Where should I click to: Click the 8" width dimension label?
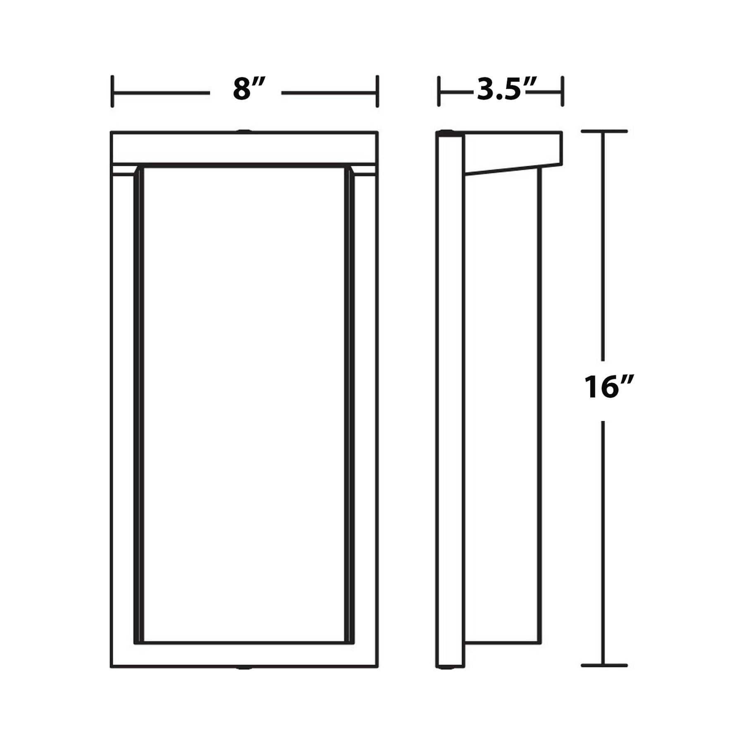point(248,89)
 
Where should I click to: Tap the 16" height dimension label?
point(606,387)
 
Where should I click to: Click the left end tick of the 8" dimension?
point(112,91)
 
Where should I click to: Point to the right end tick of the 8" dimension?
point(377,91)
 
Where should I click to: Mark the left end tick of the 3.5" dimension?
point(439,91)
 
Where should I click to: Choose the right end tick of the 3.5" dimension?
point(562,91)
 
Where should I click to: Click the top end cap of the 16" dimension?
point(604,131)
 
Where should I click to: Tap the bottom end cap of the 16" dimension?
point(604,665)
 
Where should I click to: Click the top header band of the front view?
point(244,148)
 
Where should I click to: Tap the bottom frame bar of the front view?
point(244,655)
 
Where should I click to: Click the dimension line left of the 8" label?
point(161,93)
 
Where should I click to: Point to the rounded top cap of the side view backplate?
point(446,133)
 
